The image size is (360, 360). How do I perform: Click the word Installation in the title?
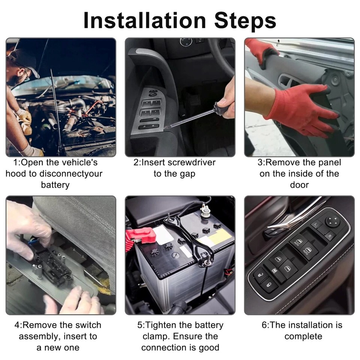(x=145, y=20)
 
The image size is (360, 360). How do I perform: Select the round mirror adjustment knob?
(x=333, y=221)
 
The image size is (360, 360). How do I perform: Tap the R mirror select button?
(x=330, y=236)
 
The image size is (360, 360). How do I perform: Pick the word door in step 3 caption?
(x=299, y=185)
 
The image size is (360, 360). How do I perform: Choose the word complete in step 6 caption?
(x=303, y=337)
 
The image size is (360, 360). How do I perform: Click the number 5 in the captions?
(x=140, y=325)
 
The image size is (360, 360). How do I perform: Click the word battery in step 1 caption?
(x=55, y=185)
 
